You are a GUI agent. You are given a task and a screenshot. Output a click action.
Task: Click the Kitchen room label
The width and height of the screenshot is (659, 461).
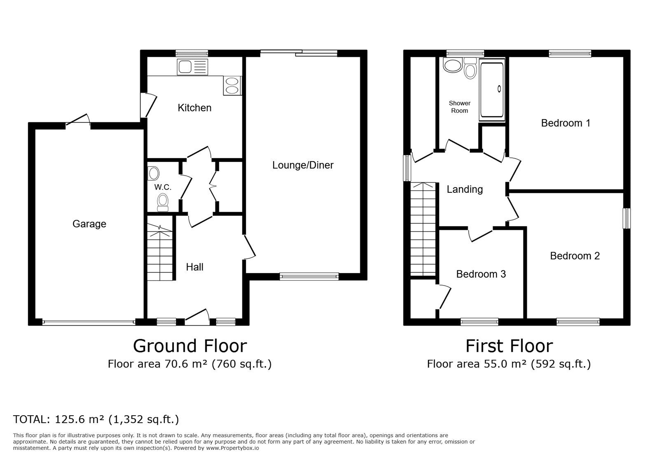194,108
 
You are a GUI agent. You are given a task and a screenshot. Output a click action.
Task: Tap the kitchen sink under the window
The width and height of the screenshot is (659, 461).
192,67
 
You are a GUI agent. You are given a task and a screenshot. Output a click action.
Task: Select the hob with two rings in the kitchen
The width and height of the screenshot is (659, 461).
232,86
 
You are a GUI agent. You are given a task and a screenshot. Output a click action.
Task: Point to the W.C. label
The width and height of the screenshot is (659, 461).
163,187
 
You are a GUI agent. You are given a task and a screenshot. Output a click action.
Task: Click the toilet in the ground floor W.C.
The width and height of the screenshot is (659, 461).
163,202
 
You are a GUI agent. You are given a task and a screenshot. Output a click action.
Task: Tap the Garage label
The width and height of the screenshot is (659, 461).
89,224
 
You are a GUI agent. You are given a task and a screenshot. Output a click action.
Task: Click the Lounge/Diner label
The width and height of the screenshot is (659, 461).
303,165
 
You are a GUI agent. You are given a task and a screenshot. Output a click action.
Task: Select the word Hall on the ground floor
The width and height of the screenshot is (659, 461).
194,267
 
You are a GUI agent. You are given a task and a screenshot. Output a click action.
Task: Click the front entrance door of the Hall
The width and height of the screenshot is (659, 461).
197,317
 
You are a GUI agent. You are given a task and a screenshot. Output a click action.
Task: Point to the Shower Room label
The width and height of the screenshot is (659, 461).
460,107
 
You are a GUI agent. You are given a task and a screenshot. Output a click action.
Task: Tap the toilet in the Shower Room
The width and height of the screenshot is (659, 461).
470,68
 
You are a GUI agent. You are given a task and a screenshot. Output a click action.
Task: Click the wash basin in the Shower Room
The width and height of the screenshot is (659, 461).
453,65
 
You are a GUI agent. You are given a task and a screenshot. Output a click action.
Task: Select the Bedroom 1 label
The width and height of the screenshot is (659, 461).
566,123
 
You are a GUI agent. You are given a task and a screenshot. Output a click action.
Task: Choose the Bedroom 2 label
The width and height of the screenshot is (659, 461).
575,256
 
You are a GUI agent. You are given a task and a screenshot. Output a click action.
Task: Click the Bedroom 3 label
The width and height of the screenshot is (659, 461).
481,274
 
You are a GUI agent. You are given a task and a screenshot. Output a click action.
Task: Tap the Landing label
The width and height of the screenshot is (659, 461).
465,190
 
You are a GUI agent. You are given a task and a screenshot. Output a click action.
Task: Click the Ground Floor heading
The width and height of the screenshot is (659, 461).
190,346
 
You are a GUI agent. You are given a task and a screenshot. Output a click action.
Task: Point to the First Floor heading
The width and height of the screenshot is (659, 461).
509,346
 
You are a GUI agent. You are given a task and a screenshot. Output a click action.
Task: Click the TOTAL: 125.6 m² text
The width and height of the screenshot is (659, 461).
58,419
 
